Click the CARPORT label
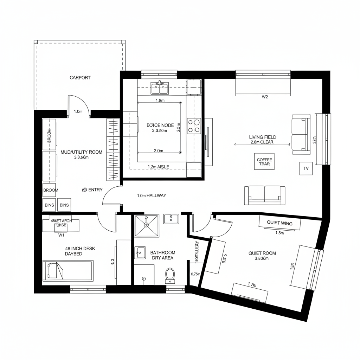click(x=80, y=78)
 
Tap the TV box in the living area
click(x=306, y=168)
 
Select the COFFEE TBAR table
click(x=264, y=161)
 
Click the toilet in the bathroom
click(x=170, y=275)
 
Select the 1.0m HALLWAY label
click(x=152, y=195)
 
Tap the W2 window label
click(x=265, y=97)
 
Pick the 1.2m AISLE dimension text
click(x=159, y=167)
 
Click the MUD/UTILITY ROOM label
click(x=82, y=152)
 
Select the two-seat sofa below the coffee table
click(x=265, y=195)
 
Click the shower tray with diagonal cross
click(x=147, y=226)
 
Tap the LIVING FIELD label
click(x=262, y=137)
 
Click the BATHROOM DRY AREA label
click(x=163, y=255)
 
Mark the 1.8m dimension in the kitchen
click(x=160, y=101)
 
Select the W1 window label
click(x=61, y=234)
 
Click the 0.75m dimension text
click(x=195, y=274)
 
